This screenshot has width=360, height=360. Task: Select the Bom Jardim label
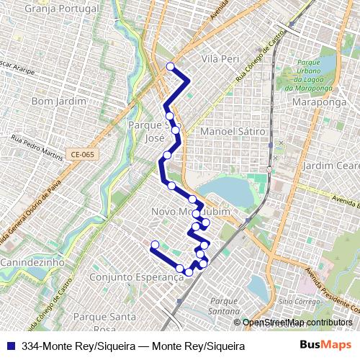point(53,102)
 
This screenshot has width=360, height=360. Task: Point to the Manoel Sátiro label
point(233,132)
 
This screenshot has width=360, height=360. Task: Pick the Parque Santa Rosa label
point(104,322)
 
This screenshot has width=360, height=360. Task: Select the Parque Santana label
point(225,306)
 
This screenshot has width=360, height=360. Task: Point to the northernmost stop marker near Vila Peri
point(171,67)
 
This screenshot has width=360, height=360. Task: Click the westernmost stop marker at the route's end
point(154,246)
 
